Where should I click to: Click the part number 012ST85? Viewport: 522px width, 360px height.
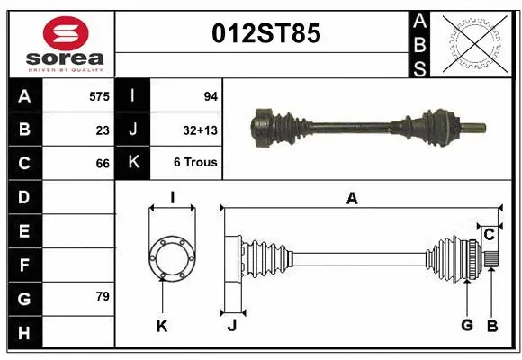pos(265,34)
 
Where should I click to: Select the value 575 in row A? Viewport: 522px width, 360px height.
pos(99,95)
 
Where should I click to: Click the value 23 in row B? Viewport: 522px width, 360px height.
pos(103,130)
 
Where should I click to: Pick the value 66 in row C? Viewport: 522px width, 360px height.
pos(103,164)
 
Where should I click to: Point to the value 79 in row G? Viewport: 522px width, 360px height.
pos(103,296)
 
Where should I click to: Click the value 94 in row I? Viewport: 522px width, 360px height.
pos(211,95)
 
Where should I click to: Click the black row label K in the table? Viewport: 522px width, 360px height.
pos(132,164)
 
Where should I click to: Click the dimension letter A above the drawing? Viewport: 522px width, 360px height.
pos(352,199)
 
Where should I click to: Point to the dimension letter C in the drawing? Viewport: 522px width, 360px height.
pos(489,235)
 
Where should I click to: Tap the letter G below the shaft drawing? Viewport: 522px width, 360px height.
pos(467,325)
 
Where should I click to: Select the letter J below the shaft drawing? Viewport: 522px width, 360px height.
pos(231,326)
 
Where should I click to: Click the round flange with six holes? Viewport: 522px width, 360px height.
pos(171,257)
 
